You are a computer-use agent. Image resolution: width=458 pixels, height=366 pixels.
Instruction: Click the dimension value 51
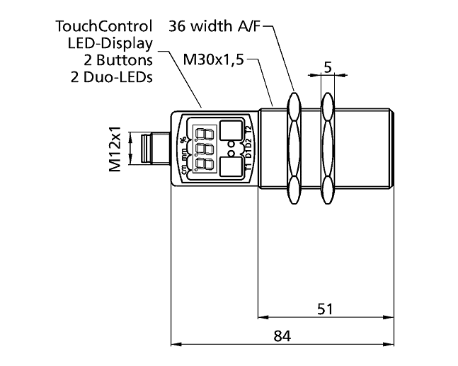tap(325, 309)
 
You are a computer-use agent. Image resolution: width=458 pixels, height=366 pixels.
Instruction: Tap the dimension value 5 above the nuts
tap(327, 67)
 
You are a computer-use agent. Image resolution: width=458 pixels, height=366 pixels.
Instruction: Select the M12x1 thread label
tap(115, 150)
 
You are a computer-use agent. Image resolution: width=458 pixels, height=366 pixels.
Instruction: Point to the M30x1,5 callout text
tap(213, 60)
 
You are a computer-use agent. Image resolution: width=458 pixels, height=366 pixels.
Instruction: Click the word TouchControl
tap(104, 27)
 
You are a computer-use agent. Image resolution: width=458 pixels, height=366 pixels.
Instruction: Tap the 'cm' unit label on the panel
tap(184, 168)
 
